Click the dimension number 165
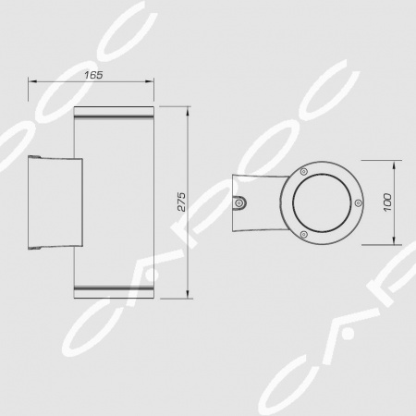click(93, 75)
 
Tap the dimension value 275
click(182, 202)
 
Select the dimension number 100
click(387, 202)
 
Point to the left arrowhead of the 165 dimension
click(32, 81)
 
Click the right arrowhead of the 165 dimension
click(150, 81)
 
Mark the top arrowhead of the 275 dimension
click(188, 111)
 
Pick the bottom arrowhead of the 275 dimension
click(188, 294)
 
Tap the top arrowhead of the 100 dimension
click(394, 165)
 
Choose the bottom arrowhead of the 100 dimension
click(394, 240)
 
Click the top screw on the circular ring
click(304, 172)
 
